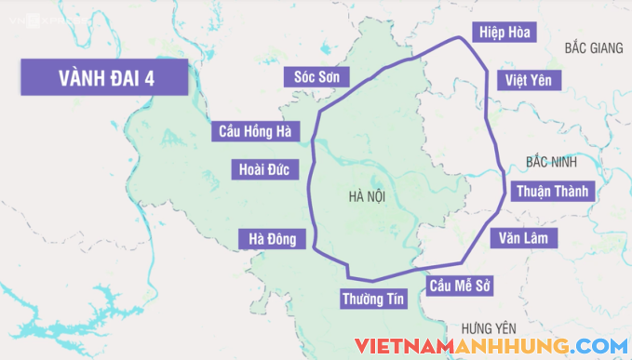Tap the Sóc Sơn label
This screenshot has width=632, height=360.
[x=316, y=76]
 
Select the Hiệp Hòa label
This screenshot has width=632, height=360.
[x=503, y=33]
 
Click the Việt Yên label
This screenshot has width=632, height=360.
[x=529, y=80]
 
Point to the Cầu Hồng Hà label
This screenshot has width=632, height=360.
[x=255, y=131]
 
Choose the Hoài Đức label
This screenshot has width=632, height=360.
[x=264, y=169]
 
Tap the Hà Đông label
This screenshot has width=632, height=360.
[x=271, y=239]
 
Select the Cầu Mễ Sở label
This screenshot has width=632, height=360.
[x=459, y=285]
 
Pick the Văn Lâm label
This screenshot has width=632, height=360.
[x=525, y=238]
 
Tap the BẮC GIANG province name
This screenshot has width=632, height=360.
[x=592, y=47]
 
